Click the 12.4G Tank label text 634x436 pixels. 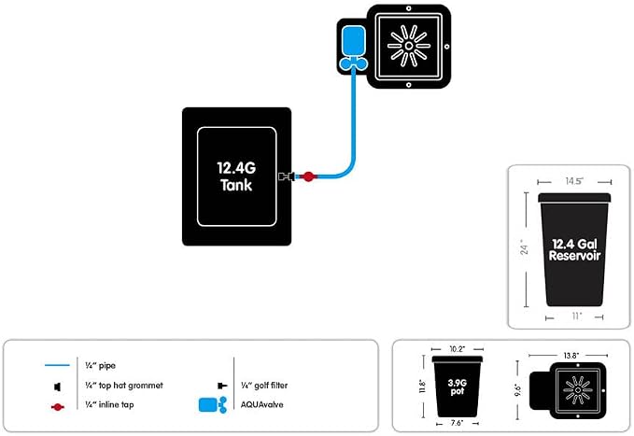pos(236,176)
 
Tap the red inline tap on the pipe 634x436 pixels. pos(308,176)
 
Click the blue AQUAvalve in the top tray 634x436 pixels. pos(353,48)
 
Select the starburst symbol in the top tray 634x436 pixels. pos(408,46)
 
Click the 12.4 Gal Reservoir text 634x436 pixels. pos(574,249)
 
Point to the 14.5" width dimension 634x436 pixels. pos(574,181)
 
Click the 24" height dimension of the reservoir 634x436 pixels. pos(525,246)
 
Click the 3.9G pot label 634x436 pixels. pos(458,387)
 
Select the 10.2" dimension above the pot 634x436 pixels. pos(458,349)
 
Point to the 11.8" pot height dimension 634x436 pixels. pos(423,387)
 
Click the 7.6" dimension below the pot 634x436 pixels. pos(457,423)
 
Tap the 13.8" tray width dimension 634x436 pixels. pos(571,356)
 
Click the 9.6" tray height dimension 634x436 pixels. pos(518,390)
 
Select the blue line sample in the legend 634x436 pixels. pos(57,365)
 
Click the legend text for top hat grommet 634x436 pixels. pos(124,386)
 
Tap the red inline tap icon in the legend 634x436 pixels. pos(58,407)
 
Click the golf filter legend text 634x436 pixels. pos(264,386)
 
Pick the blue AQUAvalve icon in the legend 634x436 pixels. pos(213,405)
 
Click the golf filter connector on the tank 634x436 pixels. pos(287,176)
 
